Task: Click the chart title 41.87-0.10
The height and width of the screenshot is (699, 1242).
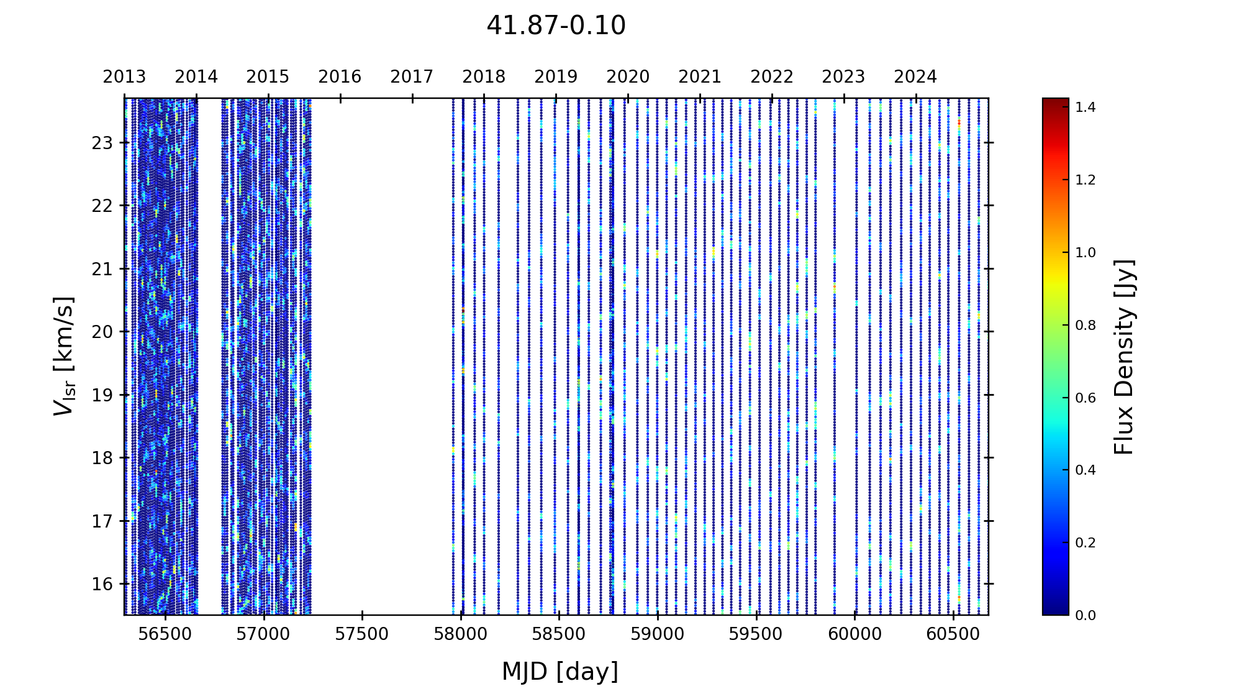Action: [x=556, y=26]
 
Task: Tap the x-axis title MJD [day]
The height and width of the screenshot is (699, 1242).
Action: [x=560, y=672]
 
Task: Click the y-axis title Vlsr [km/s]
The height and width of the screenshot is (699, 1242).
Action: [x=64, y=356]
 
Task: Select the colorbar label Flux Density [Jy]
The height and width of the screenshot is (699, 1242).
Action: [x=1124, y=357]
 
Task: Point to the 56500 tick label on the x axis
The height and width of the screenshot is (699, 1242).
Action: [x=165, y=634]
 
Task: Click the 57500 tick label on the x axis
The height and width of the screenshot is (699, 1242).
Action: [x=362, y=634]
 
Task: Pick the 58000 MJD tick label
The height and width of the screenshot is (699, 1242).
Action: [x=461, y=634]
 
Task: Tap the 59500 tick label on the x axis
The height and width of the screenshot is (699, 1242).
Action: [x=756, y=634]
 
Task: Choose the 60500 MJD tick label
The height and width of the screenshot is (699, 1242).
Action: [x=953, y=634]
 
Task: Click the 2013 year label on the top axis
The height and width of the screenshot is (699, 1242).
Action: [x=124, y=77]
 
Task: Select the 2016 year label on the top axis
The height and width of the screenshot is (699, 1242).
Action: [x=340, y=77]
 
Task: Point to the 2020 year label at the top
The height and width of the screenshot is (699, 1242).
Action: [x=628, y=77]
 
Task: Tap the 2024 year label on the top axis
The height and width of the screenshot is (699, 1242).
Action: [x=915, y=77]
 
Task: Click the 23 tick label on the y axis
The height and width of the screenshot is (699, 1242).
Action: [x=102, y=143]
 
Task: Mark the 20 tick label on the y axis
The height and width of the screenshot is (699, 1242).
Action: [x=102, y=332]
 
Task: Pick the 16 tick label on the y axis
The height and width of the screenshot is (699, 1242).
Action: [x=102, y=584]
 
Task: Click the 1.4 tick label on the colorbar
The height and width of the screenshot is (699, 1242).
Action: [x=1086, y=107]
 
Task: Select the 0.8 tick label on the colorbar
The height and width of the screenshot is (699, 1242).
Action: [x=1086, y=326]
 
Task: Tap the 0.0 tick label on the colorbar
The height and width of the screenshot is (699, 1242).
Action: [x=1086, y=616]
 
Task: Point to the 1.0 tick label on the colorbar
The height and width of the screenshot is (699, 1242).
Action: [x=1086, y=253]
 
